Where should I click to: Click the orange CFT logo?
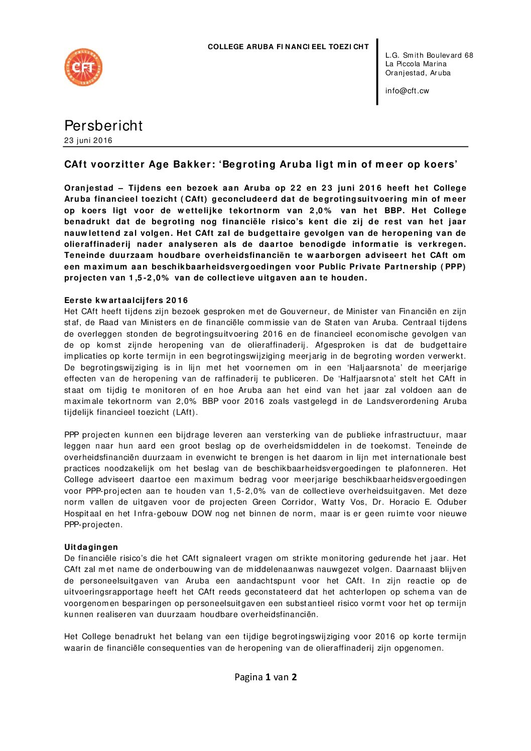coord(83,67)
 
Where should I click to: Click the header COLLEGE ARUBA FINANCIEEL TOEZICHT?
coord(288,47)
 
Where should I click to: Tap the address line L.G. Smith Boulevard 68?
coord(429,55)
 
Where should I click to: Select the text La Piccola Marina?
coord(416,64)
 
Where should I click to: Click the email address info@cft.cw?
coord(407,91)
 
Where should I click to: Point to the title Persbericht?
coord(103,125)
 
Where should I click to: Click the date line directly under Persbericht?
coord(88,140)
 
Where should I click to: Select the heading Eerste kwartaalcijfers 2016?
coord(126,301)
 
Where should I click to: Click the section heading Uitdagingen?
coord(91,547)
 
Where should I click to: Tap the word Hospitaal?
coord(83,514)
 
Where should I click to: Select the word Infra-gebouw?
coord(160,514)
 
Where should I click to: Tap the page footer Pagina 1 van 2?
coord(265,677)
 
